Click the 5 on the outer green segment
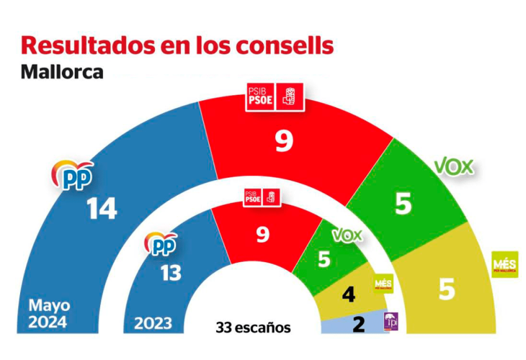[x=404, y=204]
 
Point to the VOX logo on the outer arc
[x=454, y=167]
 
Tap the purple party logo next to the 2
[x=390, y=323]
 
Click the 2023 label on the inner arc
[x=153, y=323]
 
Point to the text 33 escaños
[x=253, y=328]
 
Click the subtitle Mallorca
[x=62, y=72]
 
